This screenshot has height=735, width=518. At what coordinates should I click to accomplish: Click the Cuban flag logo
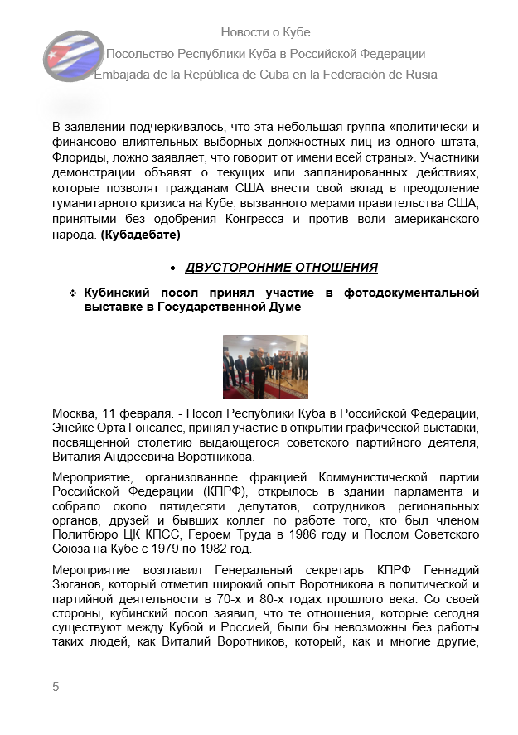[x=73, y=56]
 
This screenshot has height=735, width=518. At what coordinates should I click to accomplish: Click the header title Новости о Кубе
[x=265, y=32]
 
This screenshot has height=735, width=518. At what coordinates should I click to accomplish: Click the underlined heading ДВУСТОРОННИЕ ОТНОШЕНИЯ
[x=281, y=268]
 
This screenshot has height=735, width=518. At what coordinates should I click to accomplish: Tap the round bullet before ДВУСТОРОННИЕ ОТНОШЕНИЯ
[x=172, y=268]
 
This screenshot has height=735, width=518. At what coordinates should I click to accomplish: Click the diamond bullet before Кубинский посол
[x=73, y=293]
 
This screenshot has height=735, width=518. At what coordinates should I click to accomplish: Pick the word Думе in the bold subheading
[x=283, y=307]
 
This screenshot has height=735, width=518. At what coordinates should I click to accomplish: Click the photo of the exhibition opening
[x=265, y=366]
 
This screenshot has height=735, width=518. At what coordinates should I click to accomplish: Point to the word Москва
[x=72, y=413]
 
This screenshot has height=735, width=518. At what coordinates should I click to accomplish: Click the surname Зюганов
[x=79, y=586]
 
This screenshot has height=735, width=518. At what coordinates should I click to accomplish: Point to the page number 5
[x=56, y=687]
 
